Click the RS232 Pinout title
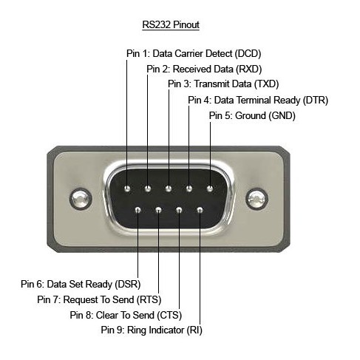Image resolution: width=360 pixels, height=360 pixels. (x=171, y=24)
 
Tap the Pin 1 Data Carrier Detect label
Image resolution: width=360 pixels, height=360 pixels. (x=194, y=53)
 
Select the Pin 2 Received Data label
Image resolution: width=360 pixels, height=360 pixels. (x=204, y=69)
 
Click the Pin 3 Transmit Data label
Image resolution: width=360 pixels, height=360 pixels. (x=223, y=84)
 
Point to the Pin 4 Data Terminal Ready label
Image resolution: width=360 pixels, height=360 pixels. (x=258, y=100)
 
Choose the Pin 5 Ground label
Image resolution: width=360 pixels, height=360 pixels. (x=252, y=115)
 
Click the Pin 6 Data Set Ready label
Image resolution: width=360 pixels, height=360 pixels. (x=81, y=284)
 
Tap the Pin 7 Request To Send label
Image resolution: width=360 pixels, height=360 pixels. (x=99, y=299)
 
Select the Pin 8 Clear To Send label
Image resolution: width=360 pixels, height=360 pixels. (x=126, y=315)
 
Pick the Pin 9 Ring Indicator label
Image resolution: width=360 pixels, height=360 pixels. (x=152, y=330)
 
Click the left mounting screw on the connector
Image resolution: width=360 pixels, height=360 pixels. (x=81, y=199)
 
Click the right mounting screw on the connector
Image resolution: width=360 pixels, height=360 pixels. (x=257, y=199)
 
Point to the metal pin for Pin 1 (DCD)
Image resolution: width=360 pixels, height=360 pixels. (x=127, y=189)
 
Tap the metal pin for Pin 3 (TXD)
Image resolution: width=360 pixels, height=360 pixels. (x=169, y=189)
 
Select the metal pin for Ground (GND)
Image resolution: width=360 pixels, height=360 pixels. (x=210, y=189)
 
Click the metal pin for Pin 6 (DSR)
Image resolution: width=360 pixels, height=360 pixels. (x=137, y=210)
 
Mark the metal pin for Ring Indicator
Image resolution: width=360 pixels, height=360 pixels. (x=200, y=210)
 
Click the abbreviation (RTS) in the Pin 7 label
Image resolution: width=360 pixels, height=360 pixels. (x=149, y=300)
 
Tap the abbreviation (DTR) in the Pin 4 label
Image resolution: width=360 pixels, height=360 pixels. (x=316, y=101)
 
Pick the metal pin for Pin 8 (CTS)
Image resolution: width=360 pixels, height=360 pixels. (x=179, y=210)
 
